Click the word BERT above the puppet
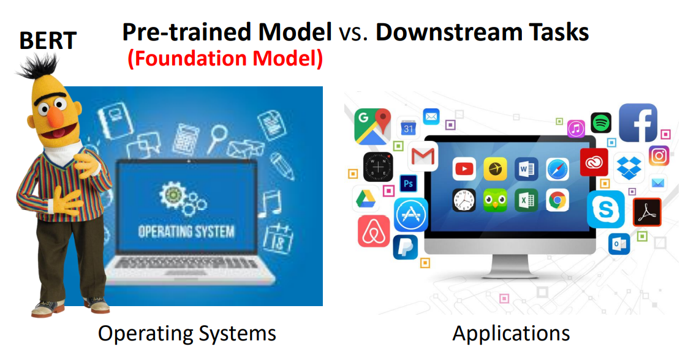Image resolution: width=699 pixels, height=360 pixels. (x=48, y=40)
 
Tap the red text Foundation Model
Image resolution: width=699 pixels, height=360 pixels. (x=225, y=59)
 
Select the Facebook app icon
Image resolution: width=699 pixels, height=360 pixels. (x=638, y=123)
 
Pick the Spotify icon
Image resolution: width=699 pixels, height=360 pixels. (x=601, y=122)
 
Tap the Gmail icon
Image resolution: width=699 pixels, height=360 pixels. (x=423, y=156)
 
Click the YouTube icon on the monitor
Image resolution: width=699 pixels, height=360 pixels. (x=464, y=169)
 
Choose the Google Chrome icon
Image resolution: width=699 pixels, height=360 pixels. (x=557, y=200)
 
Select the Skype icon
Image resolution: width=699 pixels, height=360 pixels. (x=606, y=209)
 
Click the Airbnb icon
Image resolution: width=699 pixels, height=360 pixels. (x=374, y=231)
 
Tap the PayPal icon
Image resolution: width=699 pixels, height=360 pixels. (x=405, y=247)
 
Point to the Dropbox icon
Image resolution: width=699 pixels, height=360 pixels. (x=629, y=168)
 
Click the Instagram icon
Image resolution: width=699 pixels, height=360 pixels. (x=659, y=156)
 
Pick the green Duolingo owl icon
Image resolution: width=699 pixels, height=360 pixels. (x=495, y=200)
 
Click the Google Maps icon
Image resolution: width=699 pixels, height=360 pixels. (x=372, y=127)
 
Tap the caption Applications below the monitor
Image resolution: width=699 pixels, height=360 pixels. (x=511, y=333)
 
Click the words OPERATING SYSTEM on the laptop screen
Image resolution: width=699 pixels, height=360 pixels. (x=186, y=231)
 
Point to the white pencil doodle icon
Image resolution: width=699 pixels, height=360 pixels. (x=282, y=166)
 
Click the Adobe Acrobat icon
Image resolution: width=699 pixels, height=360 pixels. (x=647, y=212)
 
